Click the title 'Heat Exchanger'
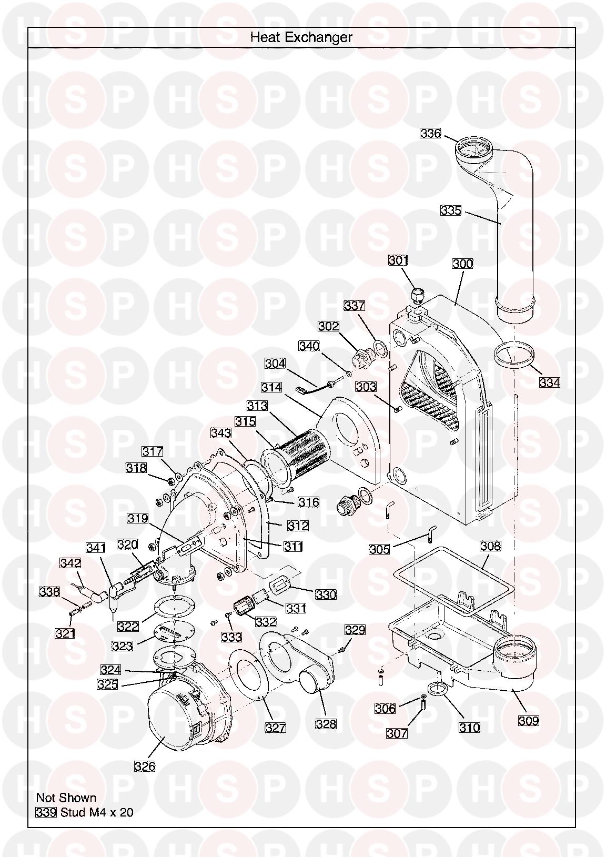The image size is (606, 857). [x=301, y=37]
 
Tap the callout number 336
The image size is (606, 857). [x=430, y=134]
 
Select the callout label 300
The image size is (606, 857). [x=462, y=264]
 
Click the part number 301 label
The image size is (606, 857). [x=398, y=260]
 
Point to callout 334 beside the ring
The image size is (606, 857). [x=549, y=382]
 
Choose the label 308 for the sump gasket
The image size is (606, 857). [x=490, y=546]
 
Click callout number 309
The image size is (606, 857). [x=528, y=721]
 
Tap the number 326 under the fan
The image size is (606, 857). [x=145, y=767]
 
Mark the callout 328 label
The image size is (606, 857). [x=326, y=724]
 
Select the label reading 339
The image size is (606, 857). [x=46, y=812]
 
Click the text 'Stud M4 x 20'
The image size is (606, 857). [x=97, y=812]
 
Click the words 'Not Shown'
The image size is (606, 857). [x=66, y=798]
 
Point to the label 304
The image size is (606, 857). [x=275, y=363]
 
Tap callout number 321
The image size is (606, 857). [x=65, y=633]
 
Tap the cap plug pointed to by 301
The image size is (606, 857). [x=418, y=296]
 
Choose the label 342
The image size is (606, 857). [x=70, y=563]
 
